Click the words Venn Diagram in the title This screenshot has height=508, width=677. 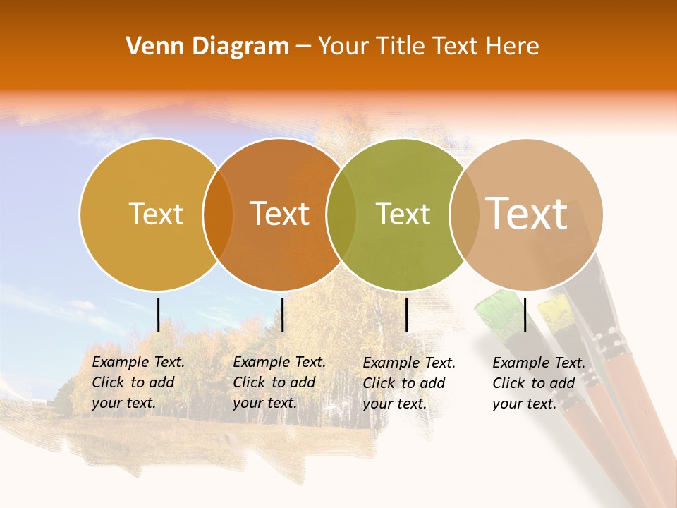[207, 47]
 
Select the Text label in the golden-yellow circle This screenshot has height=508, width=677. [156, 214]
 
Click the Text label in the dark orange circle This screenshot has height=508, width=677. [279, 214]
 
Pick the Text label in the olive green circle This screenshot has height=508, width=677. [403, 214]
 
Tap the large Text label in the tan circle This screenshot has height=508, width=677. [527, 214]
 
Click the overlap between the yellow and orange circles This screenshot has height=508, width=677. [218, 214]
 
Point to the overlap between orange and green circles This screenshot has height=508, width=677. [341, 214]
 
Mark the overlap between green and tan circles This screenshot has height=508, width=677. [464, 214]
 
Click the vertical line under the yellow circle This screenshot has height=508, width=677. [159, 315]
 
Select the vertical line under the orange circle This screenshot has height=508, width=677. [282, 315]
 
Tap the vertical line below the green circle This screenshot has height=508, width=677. [406, 315]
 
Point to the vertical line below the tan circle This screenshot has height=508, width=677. [525, 315]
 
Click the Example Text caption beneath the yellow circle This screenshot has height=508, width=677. [138, 382]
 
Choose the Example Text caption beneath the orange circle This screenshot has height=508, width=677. [279, 382]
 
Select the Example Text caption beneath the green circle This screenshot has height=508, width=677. [409, 383]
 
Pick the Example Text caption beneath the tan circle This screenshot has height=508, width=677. [539, 383]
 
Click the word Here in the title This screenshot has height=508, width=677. [515, 47]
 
